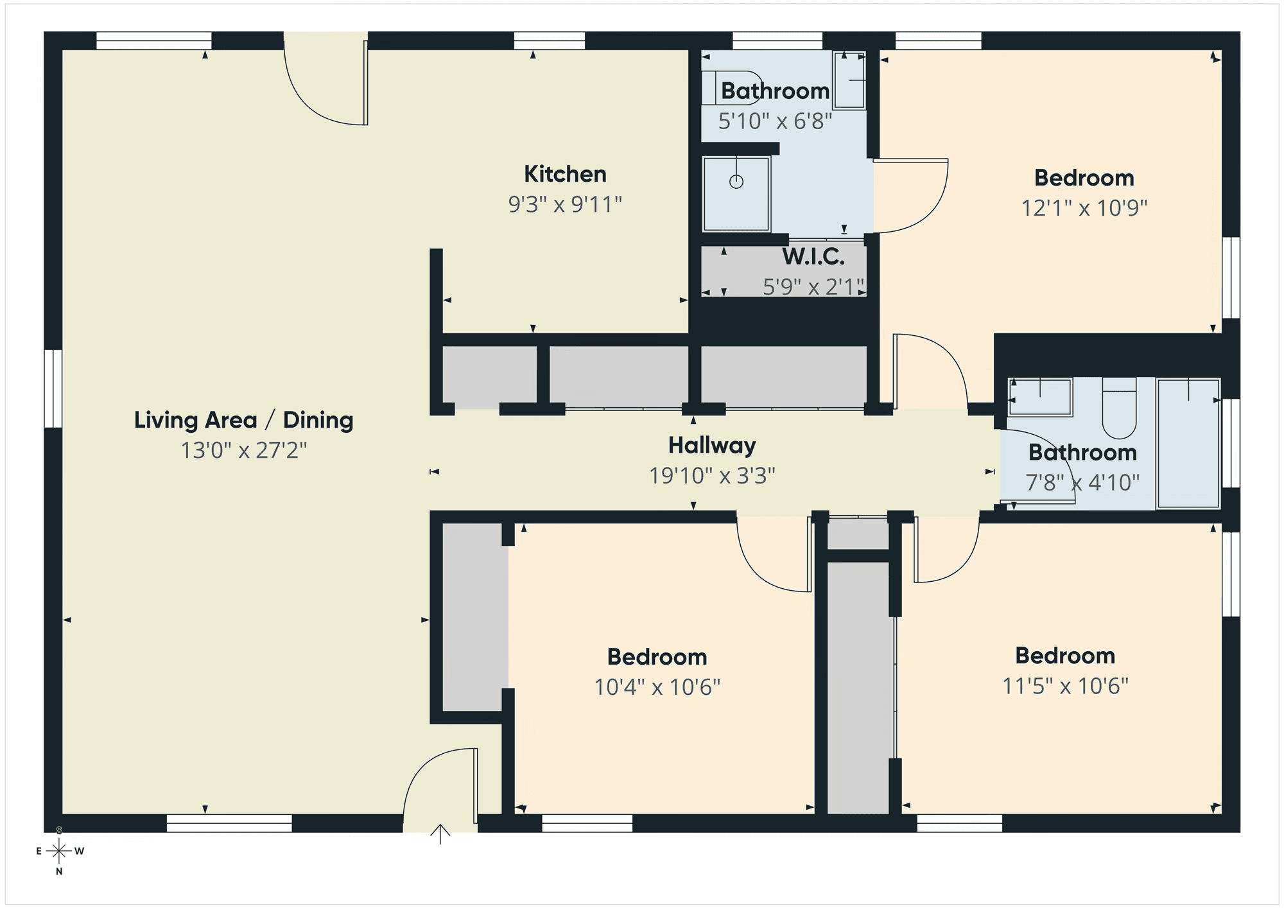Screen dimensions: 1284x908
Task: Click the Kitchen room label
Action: (x=565, y=174)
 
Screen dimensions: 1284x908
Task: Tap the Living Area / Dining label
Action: (x=243, y=420)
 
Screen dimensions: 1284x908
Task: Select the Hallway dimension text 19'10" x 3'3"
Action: (x=712, y=476)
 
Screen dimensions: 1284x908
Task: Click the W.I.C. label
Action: (x=813, y=257)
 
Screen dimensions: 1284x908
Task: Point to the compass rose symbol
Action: (x=59, y=851)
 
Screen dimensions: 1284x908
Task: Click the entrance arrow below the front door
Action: (x=440, y=834)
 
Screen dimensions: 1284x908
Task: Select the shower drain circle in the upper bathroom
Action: (x=736, y=182)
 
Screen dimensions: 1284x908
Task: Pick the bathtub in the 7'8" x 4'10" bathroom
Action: (x=1188, y=443)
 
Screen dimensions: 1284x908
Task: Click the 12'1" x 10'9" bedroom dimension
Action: (x=1084, y=208)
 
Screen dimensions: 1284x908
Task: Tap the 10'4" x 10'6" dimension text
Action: (x=657, y=687)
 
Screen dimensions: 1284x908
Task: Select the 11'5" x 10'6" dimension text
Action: (x=1066, y=686)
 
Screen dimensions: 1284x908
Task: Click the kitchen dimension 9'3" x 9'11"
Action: (x=565, y=204)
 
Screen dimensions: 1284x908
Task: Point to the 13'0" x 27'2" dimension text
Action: (x=243, y=450)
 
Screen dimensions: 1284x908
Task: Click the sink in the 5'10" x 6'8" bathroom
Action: (x=849, y=80)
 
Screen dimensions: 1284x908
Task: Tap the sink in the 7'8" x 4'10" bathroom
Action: (x=1040, y=397)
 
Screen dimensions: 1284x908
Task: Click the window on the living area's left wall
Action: (x=53, y=389)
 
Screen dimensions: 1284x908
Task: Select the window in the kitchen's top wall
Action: (x=549, y=40)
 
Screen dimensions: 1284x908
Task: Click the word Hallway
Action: (x=712, y=446)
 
